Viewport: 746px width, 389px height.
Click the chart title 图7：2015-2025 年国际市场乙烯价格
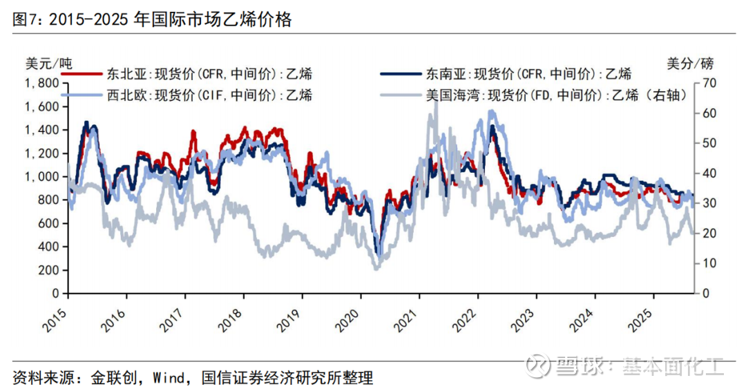(x=152, y=19)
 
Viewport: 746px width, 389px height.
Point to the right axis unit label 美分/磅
(x=690, y=64)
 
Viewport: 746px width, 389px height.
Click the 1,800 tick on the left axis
(x=41, y=84)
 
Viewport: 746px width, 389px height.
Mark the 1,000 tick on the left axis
(x=41, y=177)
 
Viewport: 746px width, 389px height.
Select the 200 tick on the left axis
(x=46, y=270)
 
